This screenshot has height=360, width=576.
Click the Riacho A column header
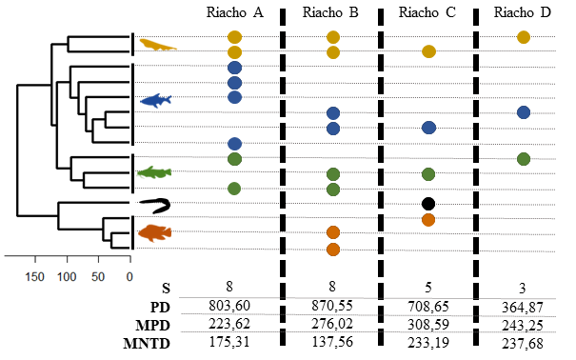[235, 12]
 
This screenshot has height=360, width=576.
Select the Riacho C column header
[427, 12]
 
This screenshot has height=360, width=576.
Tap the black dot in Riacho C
[428, 204]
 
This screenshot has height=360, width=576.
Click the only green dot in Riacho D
[524, 159]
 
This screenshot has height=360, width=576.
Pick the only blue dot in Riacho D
[524, 112]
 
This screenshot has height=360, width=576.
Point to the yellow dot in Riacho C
[428, 51]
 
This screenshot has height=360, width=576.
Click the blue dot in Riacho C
[428, 128]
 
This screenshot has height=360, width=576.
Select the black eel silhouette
[156, 206]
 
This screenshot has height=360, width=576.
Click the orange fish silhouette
[155, 233]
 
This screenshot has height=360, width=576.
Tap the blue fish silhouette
[156, 101]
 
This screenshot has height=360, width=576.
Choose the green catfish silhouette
[154, 172]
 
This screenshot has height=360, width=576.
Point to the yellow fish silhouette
[158, 45]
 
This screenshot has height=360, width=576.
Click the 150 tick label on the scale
[34, 276]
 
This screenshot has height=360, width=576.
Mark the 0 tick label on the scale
[129, 276]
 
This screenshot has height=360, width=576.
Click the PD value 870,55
[332, 306]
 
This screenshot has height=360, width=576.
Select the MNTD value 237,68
[523, 344]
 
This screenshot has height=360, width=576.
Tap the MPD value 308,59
[428, 325]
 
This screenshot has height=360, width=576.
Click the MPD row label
[153, 326]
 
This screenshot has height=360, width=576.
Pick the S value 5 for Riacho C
[428, 287]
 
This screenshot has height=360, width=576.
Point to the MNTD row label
[147, 344]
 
